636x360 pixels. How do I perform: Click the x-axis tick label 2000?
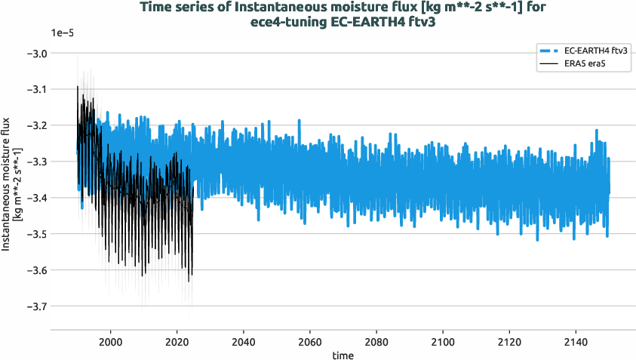111,340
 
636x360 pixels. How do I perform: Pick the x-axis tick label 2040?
244,340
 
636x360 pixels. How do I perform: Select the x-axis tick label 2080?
376,340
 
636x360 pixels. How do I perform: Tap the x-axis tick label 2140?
576,340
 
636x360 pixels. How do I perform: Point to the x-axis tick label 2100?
443,340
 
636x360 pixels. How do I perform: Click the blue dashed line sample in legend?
548,51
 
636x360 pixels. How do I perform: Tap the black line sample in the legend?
548,63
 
